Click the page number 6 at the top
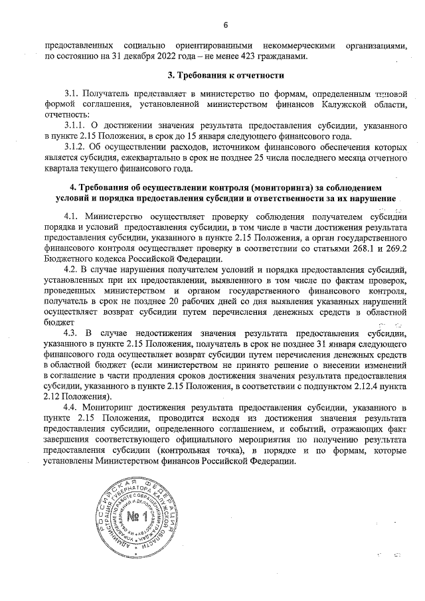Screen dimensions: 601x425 [225, 25]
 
